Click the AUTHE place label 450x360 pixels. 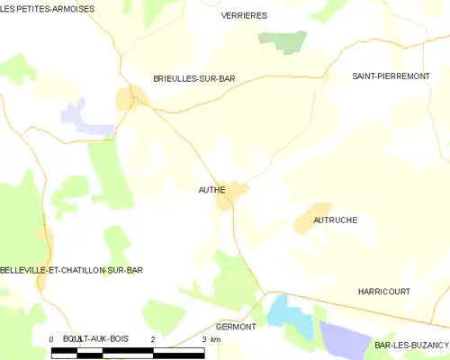pyautogui.click(x=211, y=191)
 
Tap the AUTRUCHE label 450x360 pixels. pyautogui.click(x=336, y=220)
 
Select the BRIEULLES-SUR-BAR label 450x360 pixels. pyautogui.click(x=193, y=79)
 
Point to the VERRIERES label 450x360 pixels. pyautogui.click(x=244, y=16)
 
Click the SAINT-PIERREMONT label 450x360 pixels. pyautogui.click(x=391, y=77)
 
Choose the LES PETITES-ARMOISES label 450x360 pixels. pyautogui.click(x=48, y=8)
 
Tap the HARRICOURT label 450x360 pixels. pyautogui.click(x=383, y=292)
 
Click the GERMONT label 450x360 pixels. pyautogui.click(x=236, y=326)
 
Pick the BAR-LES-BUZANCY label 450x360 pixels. pyautogui.click(x=412, y=346)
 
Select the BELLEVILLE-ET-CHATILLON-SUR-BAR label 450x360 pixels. pyautogui.click(x=72, y=270)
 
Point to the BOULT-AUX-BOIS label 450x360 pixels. pyautogui.click(x=96, y=338)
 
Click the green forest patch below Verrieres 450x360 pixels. pyautogui.click(x=282, y=40)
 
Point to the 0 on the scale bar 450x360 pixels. pyautogui.click(x=51, y=338)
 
